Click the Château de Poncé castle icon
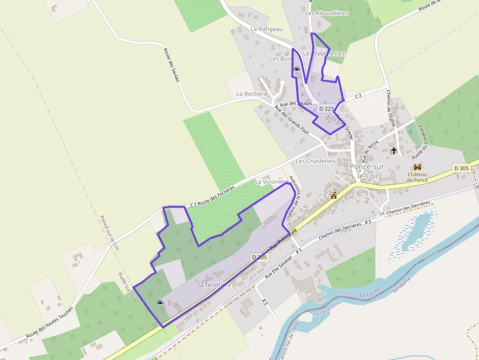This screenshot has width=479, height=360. (417, 167)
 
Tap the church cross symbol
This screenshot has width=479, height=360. (394, 150)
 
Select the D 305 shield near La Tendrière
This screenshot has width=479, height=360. (260, 257)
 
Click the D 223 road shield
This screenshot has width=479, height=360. (326, 109)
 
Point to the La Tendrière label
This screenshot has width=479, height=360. (214, 284)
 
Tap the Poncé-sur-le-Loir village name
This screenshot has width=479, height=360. (369, 170)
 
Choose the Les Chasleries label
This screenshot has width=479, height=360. (315, 161)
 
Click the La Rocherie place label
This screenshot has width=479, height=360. (252, 93)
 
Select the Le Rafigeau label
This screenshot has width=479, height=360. (267, 29)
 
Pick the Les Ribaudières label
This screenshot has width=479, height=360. (327, 13)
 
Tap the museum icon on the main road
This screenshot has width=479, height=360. (334, 196)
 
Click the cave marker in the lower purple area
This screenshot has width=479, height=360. (160, 303)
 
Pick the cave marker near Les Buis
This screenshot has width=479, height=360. (296, 70)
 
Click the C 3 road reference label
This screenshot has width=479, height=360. (358, 96)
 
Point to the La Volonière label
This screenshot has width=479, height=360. (272, 181)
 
